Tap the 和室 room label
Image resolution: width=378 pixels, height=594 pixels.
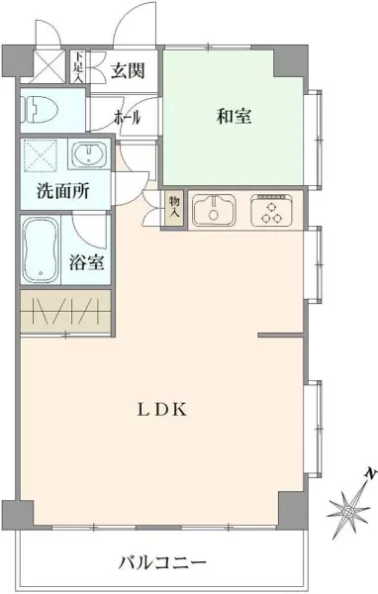pos(234,117)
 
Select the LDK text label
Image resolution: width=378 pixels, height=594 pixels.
pos(158,409)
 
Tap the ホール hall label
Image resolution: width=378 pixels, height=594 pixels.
pos(128,117)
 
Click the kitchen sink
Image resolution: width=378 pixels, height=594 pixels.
pos(211,209)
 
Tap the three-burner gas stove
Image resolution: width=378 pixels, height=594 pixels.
pos(269,209)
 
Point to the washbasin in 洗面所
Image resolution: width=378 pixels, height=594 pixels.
pos(91,154)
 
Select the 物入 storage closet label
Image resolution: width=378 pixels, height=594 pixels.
pos(173,206)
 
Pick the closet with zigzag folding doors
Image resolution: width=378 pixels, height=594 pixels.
pos(65,312)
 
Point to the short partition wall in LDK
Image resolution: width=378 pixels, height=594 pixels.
pos(280,337)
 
